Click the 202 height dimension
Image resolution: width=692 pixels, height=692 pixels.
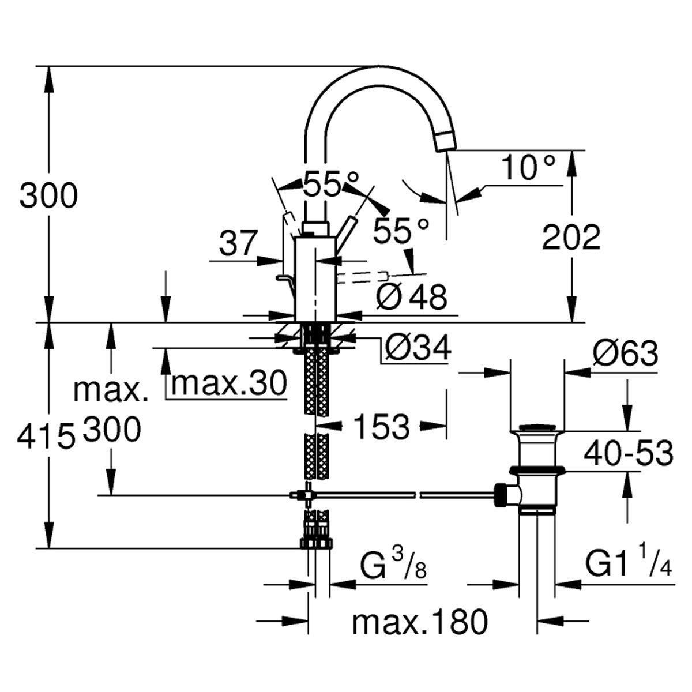pos(571,238)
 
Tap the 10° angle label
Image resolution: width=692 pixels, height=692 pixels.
pos(528,168)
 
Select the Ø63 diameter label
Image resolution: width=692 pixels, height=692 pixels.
pos(625,353)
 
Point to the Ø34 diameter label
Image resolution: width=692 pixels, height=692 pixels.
pos(418,347)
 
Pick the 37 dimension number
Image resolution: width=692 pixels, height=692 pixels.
pos(238,243)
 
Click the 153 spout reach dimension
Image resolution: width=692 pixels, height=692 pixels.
pos(382,427)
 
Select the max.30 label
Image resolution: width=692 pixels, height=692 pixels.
pos(229,382)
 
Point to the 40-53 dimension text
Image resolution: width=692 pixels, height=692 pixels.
pos(628,453)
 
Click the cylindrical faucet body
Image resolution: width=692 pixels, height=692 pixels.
pos(315,279)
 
